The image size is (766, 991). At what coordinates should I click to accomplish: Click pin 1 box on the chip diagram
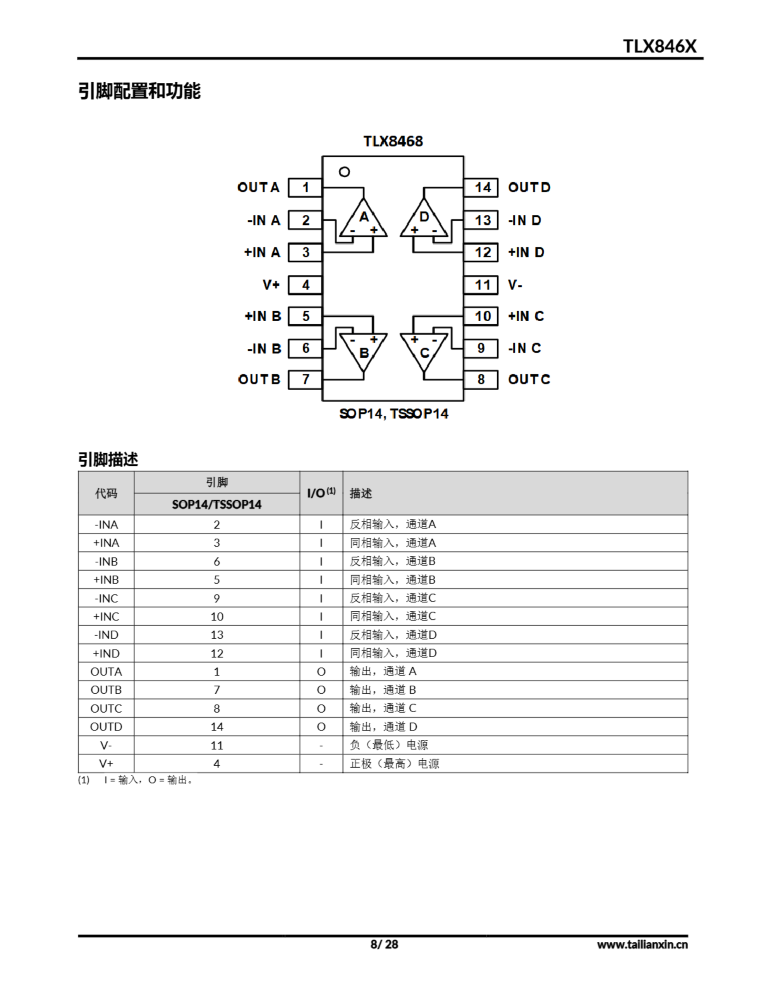coord(305,187)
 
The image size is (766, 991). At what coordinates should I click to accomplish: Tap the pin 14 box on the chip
coord(481,187)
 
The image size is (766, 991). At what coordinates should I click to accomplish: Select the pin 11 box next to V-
coord(481,285)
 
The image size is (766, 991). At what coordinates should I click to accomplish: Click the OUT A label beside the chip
coord(258,187)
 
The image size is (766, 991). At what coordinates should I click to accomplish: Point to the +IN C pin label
coord(526,316)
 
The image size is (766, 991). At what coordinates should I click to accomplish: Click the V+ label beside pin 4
coord(271,285)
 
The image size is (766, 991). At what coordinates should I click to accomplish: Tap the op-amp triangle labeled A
coord(364,220)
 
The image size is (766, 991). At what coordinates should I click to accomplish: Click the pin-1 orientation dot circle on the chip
coord(345,172)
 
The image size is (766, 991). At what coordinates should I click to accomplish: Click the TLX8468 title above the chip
coord(393,141)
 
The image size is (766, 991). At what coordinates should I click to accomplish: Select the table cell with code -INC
coord(106,598)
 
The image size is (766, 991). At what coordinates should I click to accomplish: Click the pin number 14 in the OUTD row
coord(216,727)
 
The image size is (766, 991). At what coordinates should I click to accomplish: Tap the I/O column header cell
coord(321,493)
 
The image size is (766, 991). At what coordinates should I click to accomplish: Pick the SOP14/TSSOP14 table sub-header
coord(216,504)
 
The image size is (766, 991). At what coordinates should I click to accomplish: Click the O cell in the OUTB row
coord(321,690)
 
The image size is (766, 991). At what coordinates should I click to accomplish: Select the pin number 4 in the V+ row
coord(216,764)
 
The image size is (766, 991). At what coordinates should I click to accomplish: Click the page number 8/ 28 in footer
coord(384,944)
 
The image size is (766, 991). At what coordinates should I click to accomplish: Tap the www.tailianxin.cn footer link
coord(642,945)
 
